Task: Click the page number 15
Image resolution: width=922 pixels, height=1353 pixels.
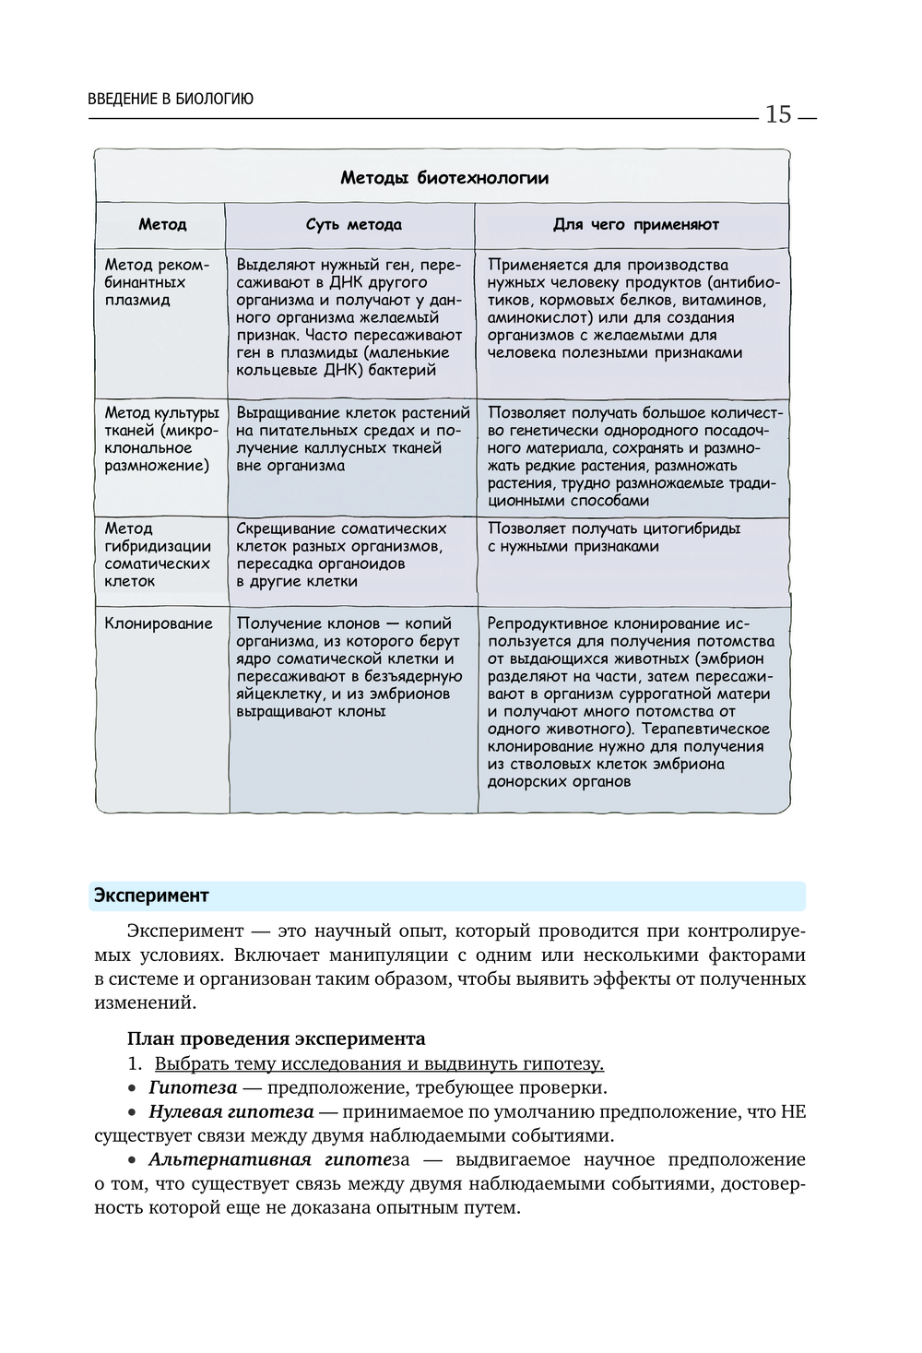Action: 778,114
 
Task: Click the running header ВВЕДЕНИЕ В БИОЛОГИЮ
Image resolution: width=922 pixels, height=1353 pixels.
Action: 171,99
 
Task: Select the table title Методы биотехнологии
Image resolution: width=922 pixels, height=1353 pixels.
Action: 444,178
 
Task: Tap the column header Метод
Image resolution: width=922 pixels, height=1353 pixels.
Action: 162,224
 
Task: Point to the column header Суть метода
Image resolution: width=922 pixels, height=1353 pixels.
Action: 353,224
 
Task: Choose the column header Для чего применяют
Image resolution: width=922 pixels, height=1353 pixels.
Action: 635,224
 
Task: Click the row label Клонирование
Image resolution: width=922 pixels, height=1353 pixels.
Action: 159,623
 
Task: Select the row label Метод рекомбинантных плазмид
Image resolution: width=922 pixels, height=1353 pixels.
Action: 157,282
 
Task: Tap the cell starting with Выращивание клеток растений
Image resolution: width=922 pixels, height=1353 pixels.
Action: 352,439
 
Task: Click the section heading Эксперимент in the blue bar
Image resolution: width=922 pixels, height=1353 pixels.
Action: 150,896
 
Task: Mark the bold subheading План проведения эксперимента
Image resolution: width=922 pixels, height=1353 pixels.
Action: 276,1038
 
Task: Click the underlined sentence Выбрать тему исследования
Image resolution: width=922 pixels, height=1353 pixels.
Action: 379,1063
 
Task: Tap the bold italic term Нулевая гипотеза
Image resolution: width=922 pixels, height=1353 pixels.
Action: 230,1111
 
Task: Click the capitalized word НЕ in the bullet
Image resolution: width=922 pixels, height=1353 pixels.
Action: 793,1111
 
